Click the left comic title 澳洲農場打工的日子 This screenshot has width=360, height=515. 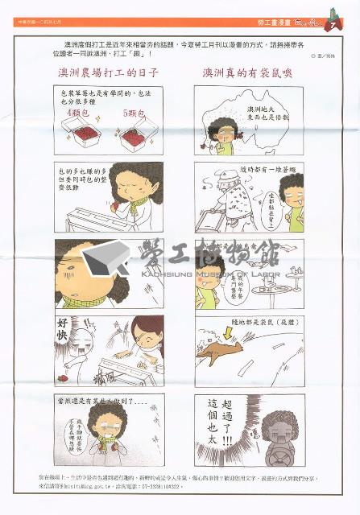click(x=108, y=72)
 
